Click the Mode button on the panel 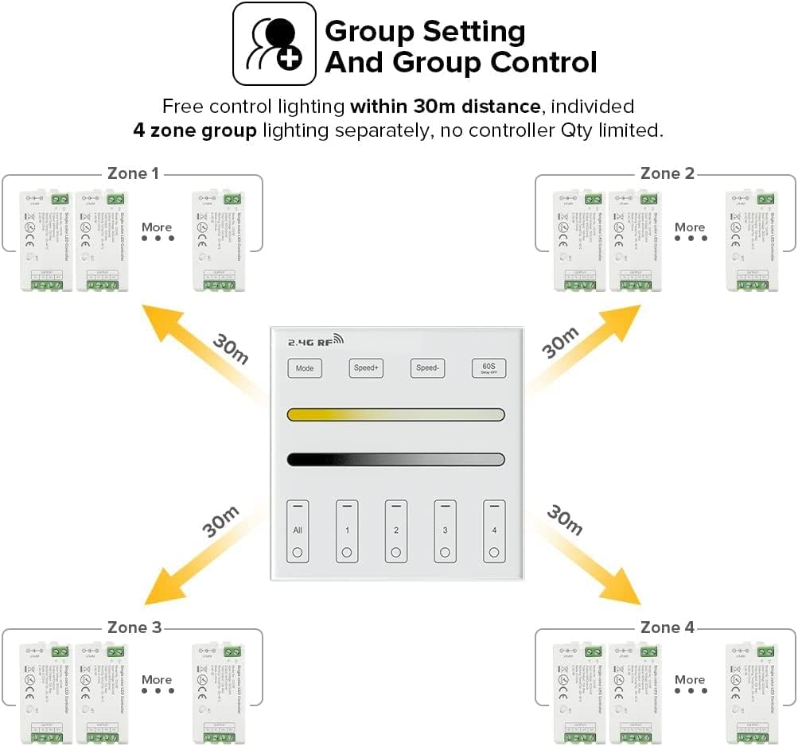tap(305, 368)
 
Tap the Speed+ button tap(366, 368)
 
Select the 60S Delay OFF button tap(489, 368)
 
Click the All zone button tap(298, 531)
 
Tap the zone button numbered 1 tap(347, 531)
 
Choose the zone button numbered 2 tap(396, 531)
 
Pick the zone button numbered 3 tap(445, 531)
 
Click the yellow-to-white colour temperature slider tap(396, 414)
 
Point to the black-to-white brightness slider tap(396, 459)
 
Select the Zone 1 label tap(133, 173)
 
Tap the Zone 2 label tap(667, 173)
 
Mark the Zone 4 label tap(667, 627)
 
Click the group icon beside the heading tap(274, 44)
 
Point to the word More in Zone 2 tap(690, 227)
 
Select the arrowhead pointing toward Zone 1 tap(156, 317)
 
